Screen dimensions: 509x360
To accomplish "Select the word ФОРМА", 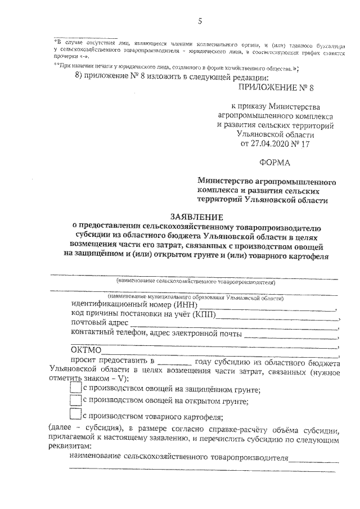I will [x=276, y=163].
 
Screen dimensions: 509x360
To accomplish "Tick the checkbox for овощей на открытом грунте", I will [x=75, y=400].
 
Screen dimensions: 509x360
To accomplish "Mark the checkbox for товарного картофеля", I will [x=75, y=415].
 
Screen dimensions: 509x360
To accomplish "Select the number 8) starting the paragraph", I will [x=80, y=78].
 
